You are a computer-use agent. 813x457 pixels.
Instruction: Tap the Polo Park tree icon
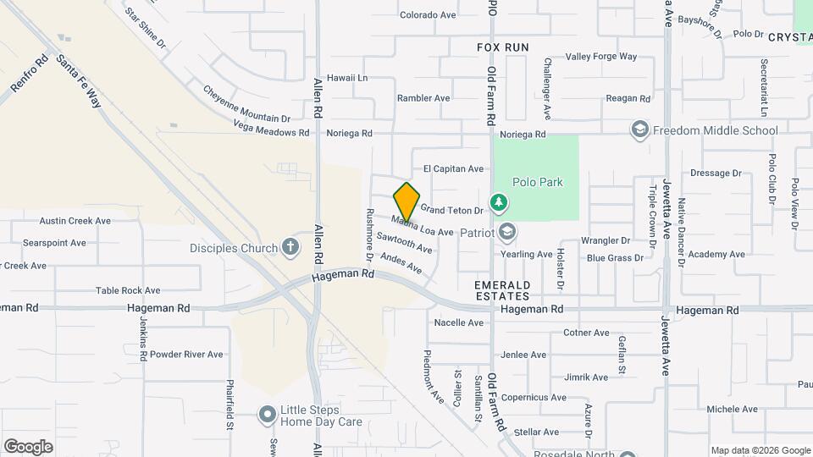pos(500,201)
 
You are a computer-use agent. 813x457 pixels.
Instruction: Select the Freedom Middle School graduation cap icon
pos(639,129)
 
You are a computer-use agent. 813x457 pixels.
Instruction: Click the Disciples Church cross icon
pos(290,247)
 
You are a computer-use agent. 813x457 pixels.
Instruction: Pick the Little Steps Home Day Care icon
pos(268,415)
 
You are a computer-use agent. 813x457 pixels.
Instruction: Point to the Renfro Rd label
pos(30,74)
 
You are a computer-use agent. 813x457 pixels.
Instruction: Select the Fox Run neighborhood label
pos(502,47)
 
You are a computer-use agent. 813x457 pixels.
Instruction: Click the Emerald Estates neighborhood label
pos(502,290)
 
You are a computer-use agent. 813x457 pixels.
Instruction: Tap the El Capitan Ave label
pos(453,168)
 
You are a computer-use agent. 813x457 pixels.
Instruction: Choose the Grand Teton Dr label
pos(451,210)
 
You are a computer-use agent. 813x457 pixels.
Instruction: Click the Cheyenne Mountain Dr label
pos(246,103)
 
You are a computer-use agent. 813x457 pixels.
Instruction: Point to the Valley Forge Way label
pos(601,57)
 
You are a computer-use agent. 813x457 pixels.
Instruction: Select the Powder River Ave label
pos(186,354)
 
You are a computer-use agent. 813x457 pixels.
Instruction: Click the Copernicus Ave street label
pos(534,397)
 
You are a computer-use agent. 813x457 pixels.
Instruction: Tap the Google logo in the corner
pos(28,446)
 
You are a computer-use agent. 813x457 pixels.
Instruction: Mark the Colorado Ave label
pos(428,14)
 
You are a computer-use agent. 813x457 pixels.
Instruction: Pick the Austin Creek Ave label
pos(75,220)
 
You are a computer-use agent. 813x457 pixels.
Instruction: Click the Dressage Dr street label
pos(716,173)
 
